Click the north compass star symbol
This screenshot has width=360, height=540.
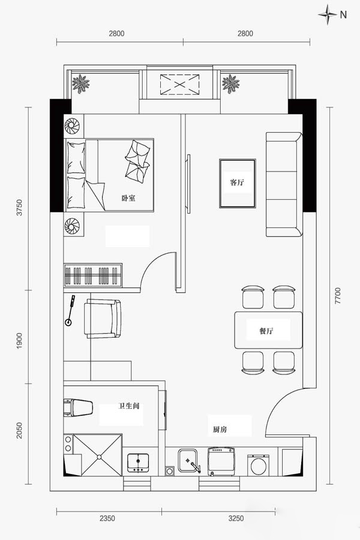327,14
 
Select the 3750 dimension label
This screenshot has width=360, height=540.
19,208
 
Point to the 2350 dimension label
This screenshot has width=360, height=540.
107,518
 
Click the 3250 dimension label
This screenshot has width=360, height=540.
236,518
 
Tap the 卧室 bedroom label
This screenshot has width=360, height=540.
128,198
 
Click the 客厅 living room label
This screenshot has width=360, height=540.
237,182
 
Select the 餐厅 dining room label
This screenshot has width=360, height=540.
266,331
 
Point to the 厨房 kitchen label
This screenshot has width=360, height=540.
220,430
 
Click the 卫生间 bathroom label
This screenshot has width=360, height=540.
129,406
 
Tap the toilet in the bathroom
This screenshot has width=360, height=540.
78,407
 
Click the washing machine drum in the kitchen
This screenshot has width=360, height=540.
258,466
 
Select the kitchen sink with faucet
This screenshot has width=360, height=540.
188,460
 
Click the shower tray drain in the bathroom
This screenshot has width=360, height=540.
99,457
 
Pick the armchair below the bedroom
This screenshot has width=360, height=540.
103,319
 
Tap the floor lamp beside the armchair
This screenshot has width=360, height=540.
70,311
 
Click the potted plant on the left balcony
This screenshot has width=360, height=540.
80,83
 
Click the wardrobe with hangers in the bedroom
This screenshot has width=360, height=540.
93,275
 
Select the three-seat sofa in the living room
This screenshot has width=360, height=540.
284,184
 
